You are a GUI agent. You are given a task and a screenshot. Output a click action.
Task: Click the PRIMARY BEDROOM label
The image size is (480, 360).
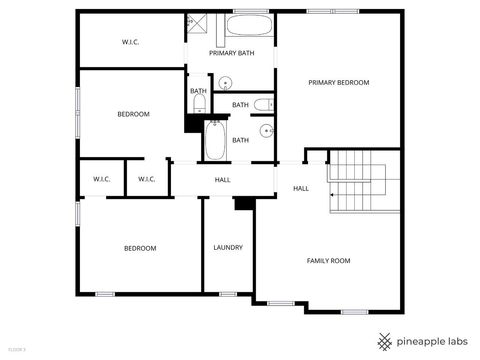point(338,82)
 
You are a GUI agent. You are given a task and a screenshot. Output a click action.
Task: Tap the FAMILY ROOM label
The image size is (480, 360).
point(328,260)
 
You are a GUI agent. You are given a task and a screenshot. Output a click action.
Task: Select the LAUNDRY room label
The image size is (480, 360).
point(227,248)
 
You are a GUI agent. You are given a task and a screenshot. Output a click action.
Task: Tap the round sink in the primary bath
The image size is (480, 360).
point(226,83)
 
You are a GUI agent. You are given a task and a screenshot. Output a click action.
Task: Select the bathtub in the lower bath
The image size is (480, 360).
point(215,140)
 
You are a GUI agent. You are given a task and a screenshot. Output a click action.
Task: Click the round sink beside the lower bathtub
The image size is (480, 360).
point(267,129)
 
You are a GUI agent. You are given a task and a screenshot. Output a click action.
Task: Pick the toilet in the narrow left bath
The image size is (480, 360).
point(198,103)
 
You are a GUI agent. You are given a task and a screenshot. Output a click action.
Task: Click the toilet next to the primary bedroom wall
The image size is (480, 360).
point(261,104)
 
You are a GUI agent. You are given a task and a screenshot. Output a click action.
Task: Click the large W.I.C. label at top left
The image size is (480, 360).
point(131,42)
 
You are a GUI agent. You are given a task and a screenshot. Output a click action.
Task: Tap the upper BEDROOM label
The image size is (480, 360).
point(133,114)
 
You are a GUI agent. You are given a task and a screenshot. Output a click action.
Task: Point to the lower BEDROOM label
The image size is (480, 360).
point(140,248)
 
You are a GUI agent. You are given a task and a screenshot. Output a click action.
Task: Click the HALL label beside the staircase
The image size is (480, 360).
point(300,188)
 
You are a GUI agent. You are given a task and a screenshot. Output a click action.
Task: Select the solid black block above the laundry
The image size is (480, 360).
point(243,203)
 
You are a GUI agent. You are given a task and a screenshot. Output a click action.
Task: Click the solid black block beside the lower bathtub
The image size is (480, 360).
point(192,123)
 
